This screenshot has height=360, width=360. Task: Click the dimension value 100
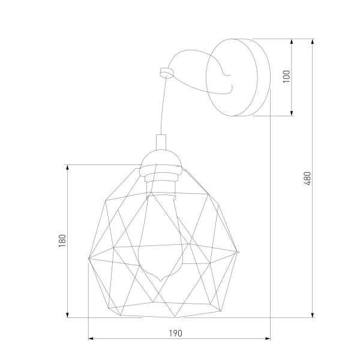click(x=286, y=76)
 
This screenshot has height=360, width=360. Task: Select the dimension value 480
click(x=307, y=178)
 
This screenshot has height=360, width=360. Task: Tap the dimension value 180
click(x=62, y=241)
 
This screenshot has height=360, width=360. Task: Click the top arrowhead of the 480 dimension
click(x=313, y=41)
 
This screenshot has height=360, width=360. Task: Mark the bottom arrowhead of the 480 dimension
click(x=313, y=316)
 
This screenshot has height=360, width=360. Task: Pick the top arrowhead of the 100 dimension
click(x=292, y=41)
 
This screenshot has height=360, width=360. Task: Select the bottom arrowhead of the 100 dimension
click(x=292, y=113)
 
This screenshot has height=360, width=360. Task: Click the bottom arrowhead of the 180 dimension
click(x=68, y=316)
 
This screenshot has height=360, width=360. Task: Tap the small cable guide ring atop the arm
click(x=166, y=72)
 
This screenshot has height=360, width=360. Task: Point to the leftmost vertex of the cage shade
click(x=89, y=259)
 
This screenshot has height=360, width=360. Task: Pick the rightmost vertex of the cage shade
click(x=240, y=253)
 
